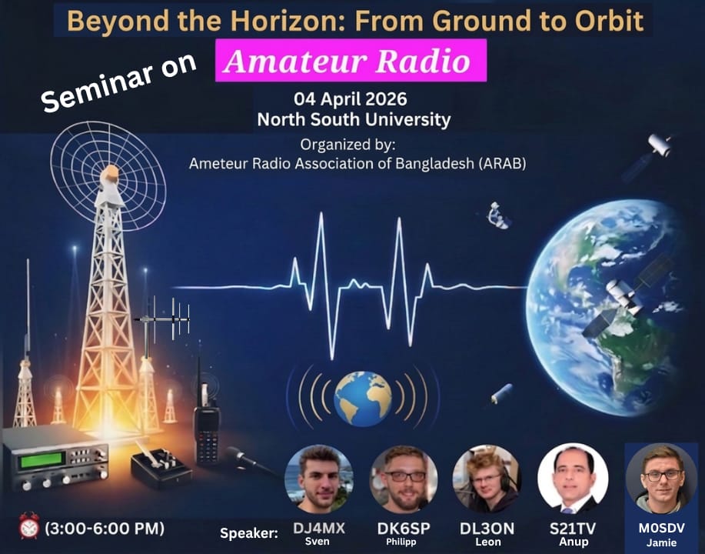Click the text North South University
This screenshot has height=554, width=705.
(x=354, y=120)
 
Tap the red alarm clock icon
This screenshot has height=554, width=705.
(x=29, y=528)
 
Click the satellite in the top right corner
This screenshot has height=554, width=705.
(x=659, y=144)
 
